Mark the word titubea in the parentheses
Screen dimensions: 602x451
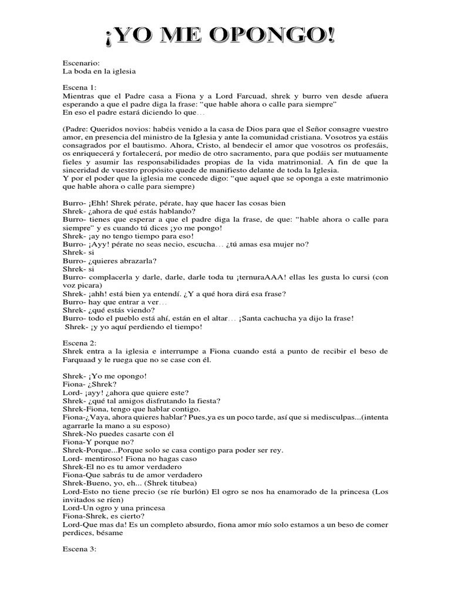click(x=169, y=483)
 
